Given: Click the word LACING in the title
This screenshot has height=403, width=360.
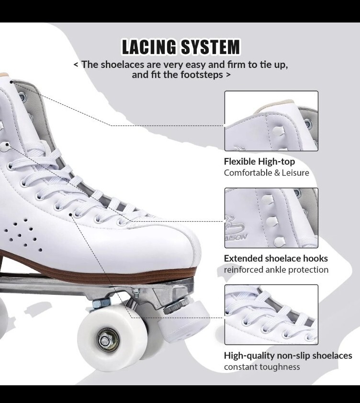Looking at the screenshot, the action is [x=149, y=47].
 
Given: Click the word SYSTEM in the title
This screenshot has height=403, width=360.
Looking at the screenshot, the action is [x=209, y=47].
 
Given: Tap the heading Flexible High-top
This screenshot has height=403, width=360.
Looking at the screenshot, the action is [x=259, y=162].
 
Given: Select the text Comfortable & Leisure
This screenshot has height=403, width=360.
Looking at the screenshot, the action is [x=266, y=173].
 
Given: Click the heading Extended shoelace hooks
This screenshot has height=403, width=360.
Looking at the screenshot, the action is [x=276, y=258].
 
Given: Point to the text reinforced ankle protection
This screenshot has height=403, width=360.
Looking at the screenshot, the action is [x=276, y=270].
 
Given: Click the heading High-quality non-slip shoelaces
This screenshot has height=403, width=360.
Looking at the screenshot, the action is [x=288, y=356].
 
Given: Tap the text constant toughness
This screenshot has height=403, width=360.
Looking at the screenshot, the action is [x=262, y=367].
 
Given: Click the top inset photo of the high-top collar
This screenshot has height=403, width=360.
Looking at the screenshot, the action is [x=271, y=121].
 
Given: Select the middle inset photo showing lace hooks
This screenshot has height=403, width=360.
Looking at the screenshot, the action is [x=271, y=218].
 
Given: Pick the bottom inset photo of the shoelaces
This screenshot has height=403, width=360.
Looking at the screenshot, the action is [x=271, y=314].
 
